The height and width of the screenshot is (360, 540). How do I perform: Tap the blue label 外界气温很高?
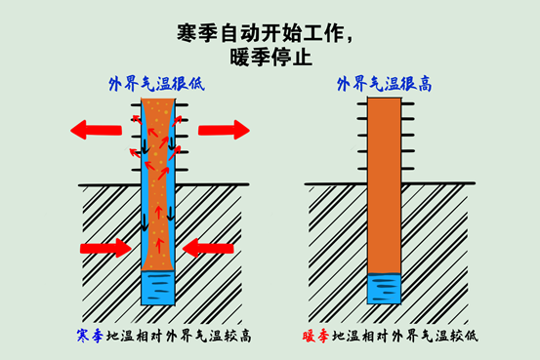pos(384,84)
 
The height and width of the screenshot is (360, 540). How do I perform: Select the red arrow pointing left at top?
pos(98,129)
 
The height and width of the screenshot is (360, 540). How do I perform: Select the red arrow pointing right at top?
pos(224,130)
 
